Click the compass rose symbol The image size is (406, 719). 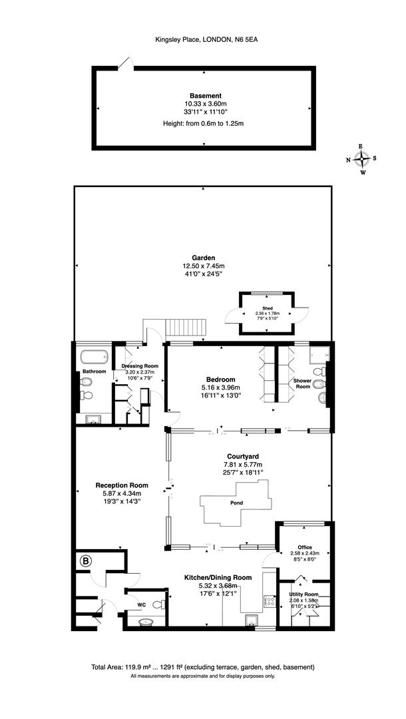coord(362,158)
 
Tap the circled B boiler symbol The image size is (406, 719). coord(85,561)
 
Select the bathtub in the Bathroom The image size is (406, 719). coord(93,356)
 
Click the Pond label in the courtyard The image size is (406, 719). coord(236,503)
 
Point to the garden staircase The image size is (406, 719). coord(186,328)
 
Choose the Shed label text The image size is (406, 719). coord(267,308)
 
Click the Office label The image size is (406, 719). coord(305,547)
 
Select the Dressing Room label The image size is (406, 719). coord(140,366)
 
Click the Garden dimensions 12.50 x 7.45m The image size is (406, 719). coord(204,266)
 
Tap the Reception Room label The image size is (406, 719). coord(121,485)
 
